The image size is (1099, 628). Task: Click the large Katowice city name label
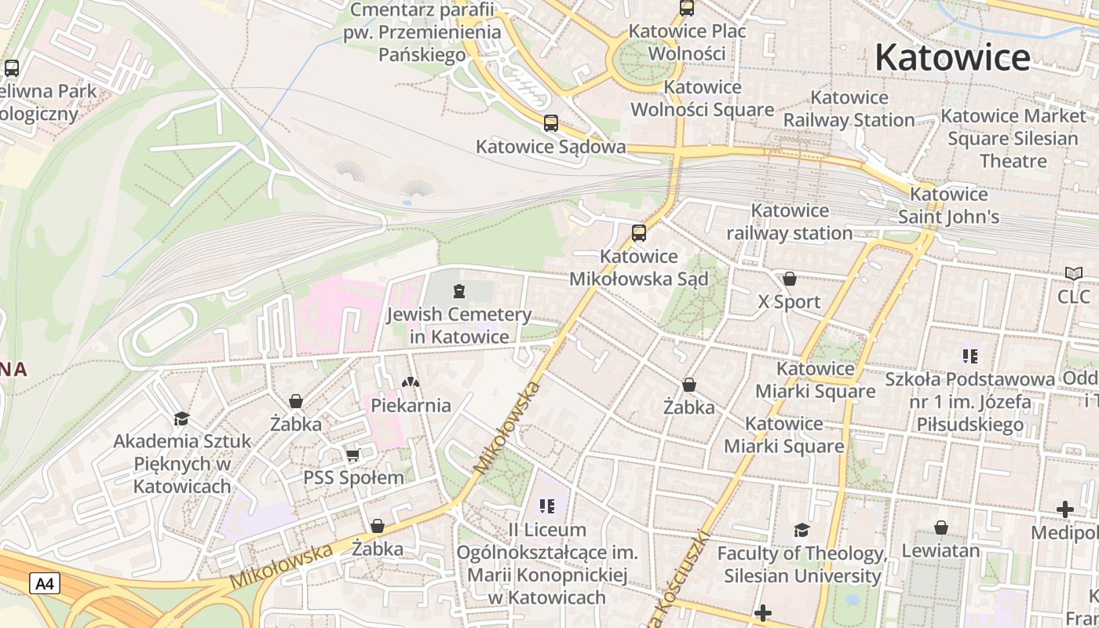point(952,57)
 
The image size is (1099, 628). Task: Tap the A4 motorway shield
point(45,583)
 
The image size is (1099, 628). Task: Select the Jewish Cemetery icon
point(459,292)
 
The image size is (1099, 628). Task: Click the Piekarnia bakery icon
point(411,382)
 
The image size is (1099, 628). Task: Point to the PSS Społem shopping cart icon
point(353,455)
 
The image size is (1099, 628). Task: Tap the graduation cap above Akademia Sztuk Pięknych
point(182,418)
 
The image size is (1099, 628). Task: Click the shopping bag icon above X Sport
point(789,279)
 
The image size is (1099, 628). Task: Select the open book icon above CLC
point(1073,274)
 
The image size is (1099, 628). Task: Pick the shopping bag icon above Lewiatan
point(940,528)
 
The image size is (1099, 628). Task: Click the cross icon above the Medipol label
point(1064,510)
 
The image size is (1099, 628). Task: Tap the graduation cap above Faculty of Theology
point(801,530)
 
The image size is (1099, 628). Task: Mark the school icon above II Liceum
point(547,506)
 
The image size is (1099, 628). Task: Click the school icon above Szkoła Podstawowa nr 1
point(969,356)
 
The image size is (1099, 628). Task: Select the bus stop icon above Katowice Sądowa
point(551,123)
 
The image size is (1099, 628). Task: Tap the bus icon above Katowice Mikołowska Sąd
point(639,233)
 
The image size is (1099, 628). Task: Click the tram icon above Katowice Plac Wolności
point(687,9)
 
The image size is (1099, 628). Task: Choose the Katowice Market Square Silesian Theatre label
point(1013,138)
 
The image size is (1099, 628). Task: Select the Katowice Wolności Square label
point(703,98)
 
